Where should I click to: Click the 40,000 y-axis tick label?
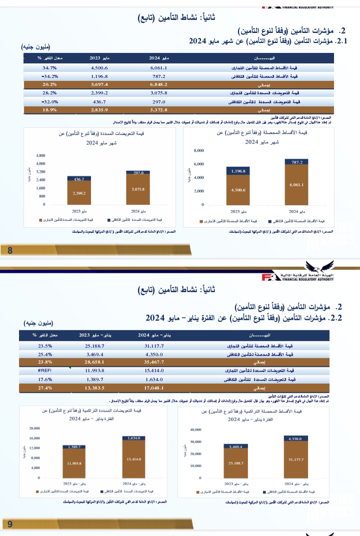point(195,430)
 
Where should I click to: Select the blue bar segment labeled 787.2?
point(297,162)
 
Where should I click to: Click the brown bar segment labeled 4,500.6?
point(238,190)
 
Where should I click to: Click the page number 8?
point(10,251)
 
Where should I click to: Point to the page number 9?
point(10,524)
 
